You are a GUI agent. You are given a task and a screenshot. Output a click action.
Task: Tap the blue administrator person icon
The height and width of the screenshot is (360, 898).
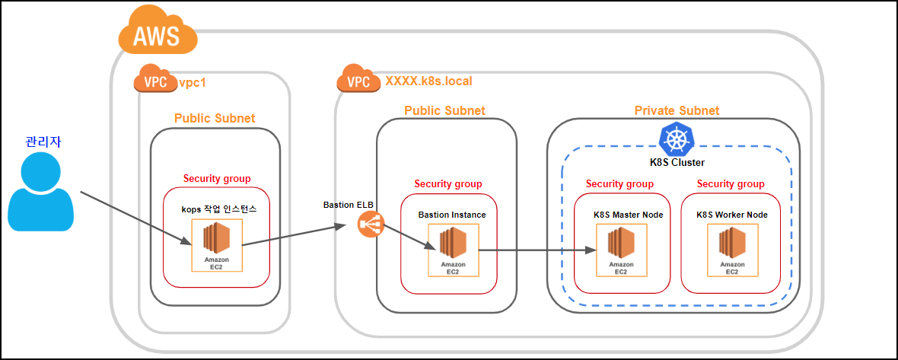[x=40, y=192]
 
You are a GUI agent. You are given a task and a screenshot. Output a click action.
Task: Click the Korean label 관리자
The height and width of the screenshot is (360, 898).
[x=43, y=141]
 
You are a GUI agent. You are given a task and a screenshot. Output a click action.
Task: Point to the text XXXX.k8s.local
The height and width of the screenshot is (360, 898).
[x=429, y=81]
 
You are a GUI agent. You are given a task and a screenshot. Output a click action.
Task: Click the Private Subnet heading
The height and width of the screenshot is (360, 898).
[x=677, y=110]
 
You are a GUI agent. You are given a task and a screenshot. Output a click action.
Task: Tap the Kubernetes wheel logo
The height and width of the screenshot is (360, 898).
[x=677, y=139]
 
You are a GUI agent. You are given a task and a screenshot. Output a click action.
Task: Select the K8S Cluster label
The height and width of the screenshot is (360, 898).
[x=677, y=163]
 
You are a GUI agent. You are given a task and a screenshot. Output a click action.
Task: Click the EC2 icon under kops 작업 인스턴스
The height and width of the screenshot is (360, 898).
[x=216, y=245]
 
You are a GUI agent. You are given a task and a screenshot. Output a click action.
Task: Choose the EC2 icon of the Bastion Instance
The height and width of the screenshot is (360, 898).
[x=453, y=250]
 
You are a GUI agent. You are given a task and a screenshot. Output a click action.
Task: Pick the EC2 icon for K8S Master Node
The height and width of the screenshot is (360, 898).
[x=622, y=250]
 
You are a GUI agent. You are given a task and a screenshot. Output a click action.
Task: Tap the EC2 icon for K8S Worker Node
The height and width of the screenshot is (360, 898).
[x=732, y=250]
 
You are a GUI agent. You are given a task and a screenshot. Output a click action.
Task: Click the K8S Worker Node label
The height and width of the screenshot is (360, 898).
[x=732, y=215]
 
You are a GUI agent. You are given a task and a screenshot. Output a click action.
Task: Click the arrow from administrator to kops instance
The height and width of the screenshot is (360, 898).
[x=135, y=218]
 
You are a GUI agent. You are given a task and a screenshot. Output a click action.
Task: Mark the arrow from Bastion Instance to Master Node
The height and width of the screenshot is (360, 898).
[x=536, y=250]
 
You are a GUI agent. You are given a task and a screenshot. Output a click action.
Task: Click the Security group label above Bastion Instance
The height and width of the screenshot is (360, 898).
[x=447, y=183]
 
